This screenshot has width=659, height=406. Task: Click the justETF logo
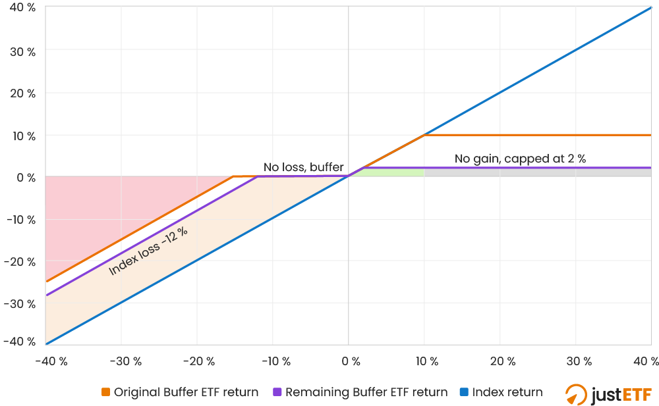click(608, 393)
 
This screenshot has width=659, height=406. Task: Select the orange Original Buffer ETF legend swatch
click(105, 393)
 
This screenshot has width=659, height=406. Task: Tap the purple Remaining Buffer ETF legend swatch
click(277, 393)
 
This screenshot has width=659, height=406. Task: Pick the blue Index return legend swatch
click(463, 393)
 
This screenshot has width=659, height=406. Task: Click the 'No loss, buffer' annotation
click(303, 167)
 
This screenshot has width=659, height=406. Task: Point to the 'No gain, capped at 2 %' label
click(520, 159)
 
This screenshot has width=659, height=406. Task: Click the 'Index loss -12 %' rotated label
click(144, 251)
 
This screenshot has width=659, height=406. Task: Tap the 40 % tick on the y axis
click(22, 9)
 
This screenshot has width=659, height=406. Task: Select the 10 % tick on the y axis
click(22, 135)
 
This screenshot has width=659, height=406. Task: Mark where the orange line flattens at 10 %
click(424, 135)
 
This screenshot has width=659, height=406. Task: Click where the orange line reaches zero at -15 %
click(234, 176)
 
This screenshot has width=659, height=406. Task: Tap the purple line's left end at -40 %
click(46, 295)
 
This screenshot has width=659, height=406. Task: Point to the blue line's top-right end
click(650, 9)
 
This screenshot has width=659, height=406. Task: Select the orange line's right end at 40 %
click(650, 135)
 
